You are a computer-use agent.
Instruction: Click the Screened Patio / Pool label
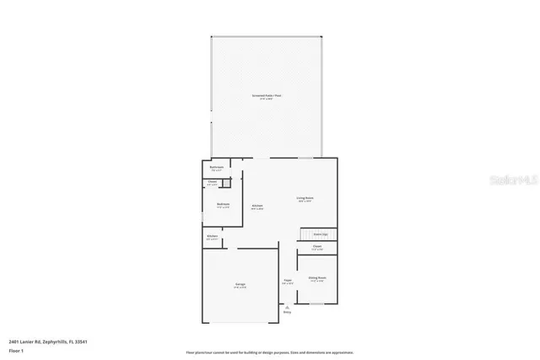coord(267,95)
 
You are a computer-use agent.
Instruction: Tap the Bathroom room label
coord(216,168)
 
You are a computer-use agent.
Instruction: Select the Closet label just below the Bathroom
coord(213,182)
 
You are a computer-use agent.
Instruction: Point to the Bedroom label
coord(224,204)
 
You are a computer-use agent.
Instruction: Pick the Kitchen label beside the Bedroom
coord(256,206)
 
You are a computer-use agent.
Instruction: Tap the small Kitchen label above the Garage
coord(213,237)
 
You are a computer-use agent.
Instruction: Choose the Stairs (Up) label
coord(321,234)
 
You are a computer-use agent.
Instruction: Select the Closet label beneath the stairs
coord(316,247)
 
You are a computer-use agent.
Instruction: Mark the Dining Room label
coord(317,277)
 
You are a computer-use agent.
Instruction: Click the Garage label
coord(240,286)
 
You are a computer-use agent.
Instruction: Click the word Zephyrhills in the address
coord(56,341)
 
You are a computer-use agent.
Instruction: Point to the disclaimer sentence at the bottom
coord(270,352)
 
